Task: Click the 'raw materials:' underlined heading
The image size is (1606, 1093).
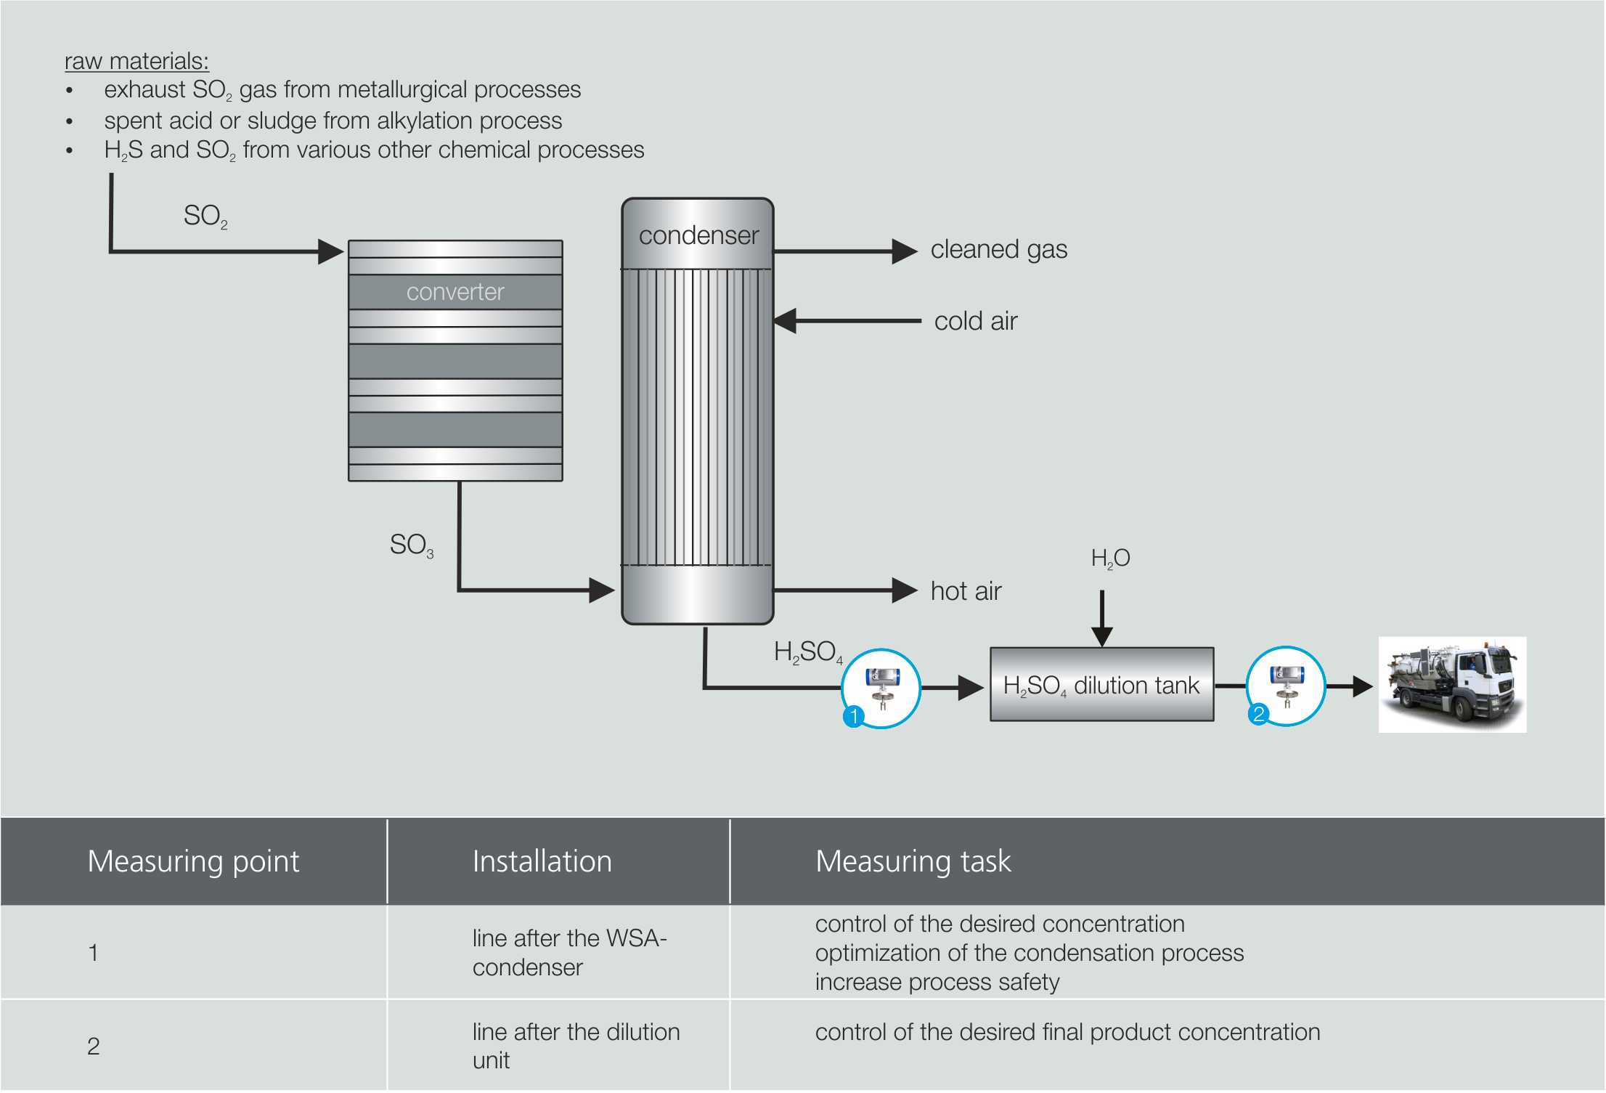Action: (136, 62)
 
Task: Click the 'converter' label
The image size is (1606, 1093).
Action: (455, 292)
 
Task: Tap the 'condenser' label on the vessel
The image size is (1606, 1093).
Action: (698, 235)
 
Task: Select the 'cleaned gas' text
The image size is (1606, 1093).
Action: (998, 250)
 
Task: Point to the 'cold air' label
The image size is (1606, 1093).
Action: (975, 321)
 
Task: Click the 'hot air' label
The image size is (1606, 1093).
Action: (966, 591)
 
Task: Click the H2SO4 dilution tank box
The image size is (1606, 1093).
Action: (1101, 685)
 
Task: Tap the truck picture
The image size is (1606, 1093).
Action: (1452, 685)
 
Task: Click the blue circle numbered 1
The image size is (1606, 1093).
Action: (854, 716)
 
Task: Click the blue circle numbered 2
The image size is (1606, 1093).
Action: (1258, 714)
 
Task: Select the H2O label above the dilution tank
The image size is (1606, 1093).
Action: (1110, 558)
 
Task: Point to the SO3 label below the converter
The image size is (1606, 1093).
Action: (411, 545)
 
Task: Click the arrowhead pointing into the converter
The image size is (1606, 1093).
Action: (331, 252)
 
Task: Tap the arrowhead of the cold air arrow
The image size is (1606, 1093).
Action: (786, 321)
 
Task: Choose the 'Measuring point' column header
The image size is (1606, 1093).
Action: (193, 861)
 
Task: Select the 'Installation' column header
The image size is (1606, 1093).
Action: (542, 861)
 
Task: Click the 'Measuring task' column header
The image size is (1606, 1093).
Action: (913, 861)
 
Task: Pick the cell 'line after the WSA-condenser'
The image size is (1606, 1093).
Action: (568, 953)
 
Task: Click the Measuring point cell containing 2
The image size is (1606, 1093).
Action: (94, 1047)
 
